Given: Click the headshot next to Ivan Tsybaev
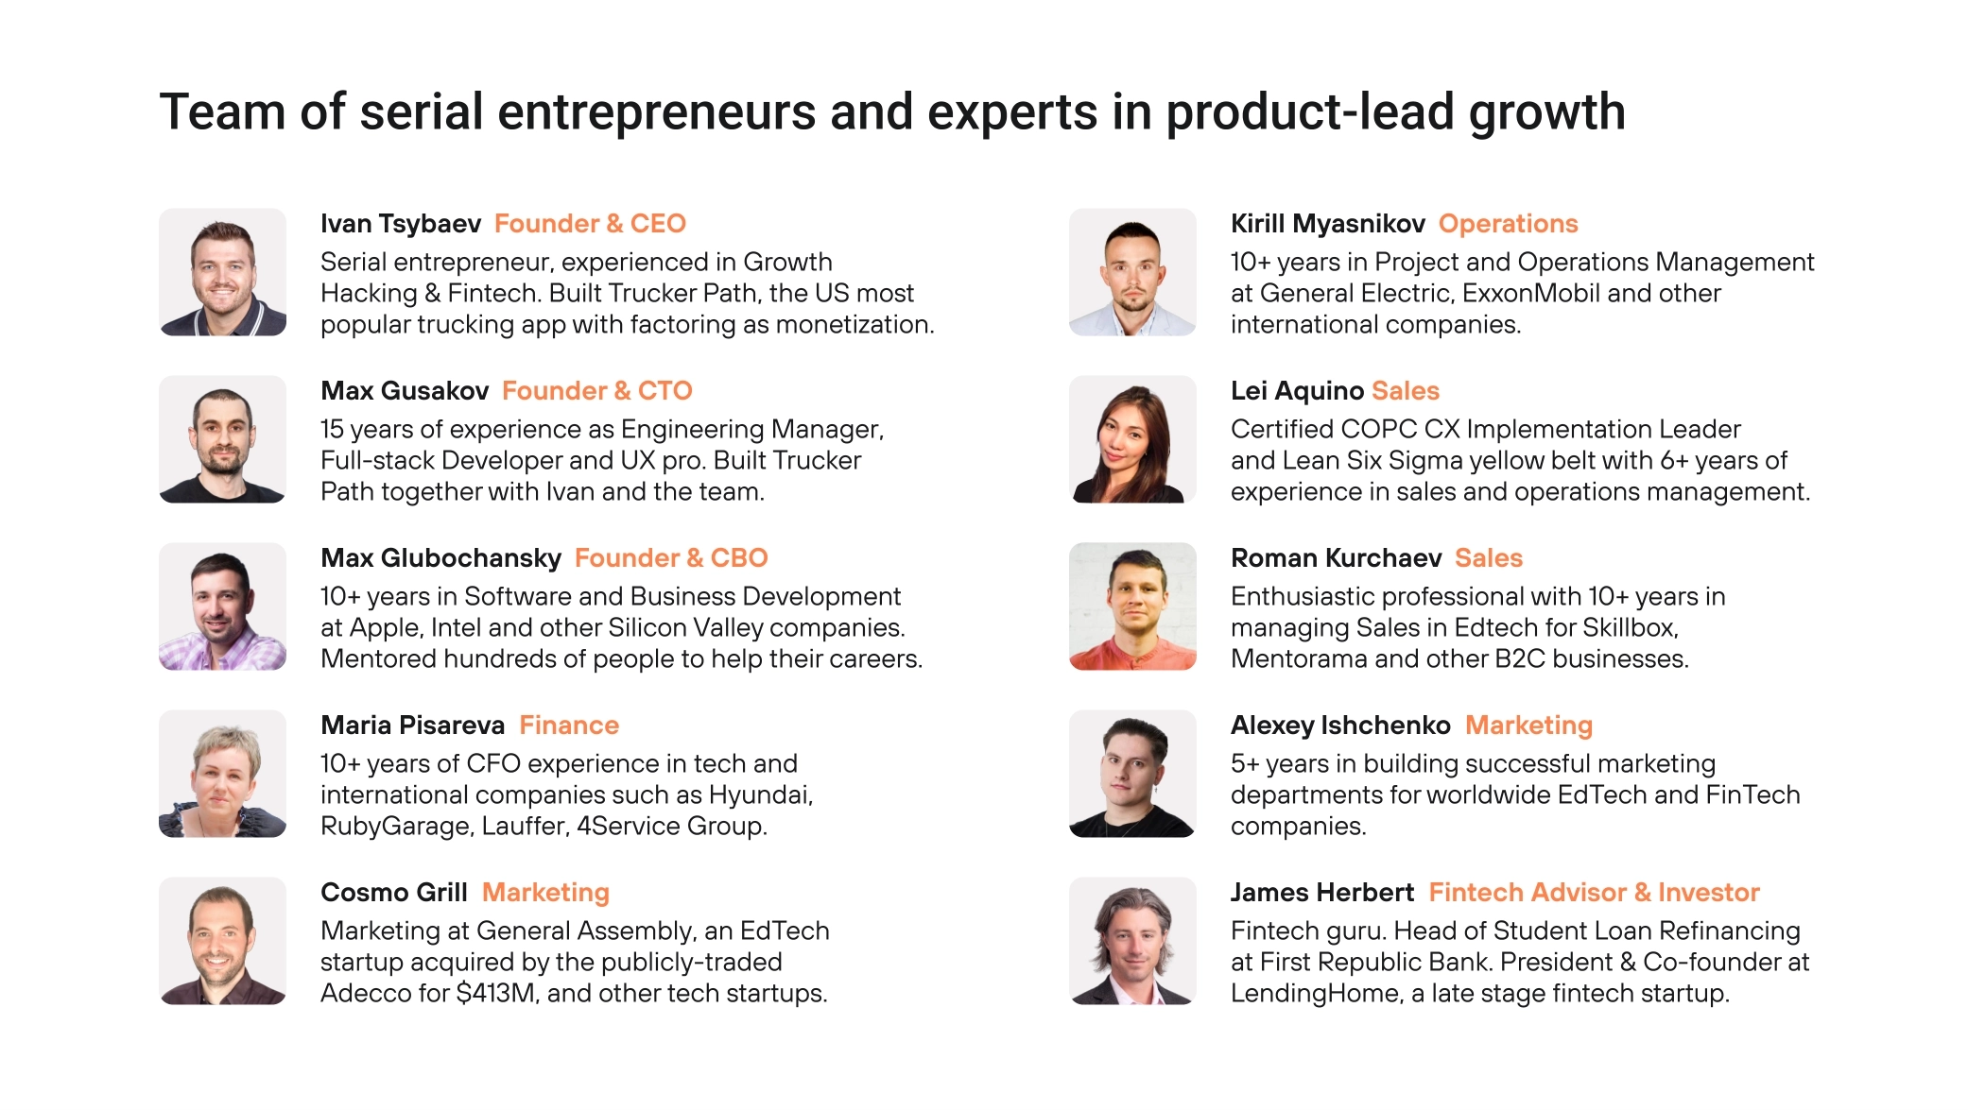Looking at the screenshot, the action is (222, 272).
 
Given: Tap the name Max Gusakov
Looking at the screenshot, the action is (405, 391).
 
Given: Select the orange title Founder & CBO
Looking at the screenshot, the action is (671, 558).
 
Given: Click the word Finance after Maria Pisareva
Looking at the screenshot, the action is (569, 726).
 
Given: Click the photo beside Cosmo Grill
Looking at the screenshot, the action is (222, 941).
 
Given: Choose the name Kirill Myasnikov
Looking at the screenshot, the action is (1328, 224).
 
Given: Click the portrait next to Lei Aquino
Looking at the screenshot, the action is (1132, 439).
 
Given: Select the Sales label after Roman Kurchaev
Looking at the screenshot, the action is (1489, 558).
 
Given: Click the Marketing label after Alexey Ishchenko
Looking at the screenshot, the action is (1528, 726).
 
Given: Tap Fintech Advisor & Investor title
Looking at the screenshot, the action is (1594, 893).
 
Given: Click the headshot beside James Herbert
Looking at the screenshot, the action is (1132, 941).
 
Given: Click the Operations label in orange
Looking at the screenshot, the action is (1509, 224).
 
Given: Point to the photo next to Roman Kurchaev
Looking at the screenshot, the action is (1132, 606).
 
